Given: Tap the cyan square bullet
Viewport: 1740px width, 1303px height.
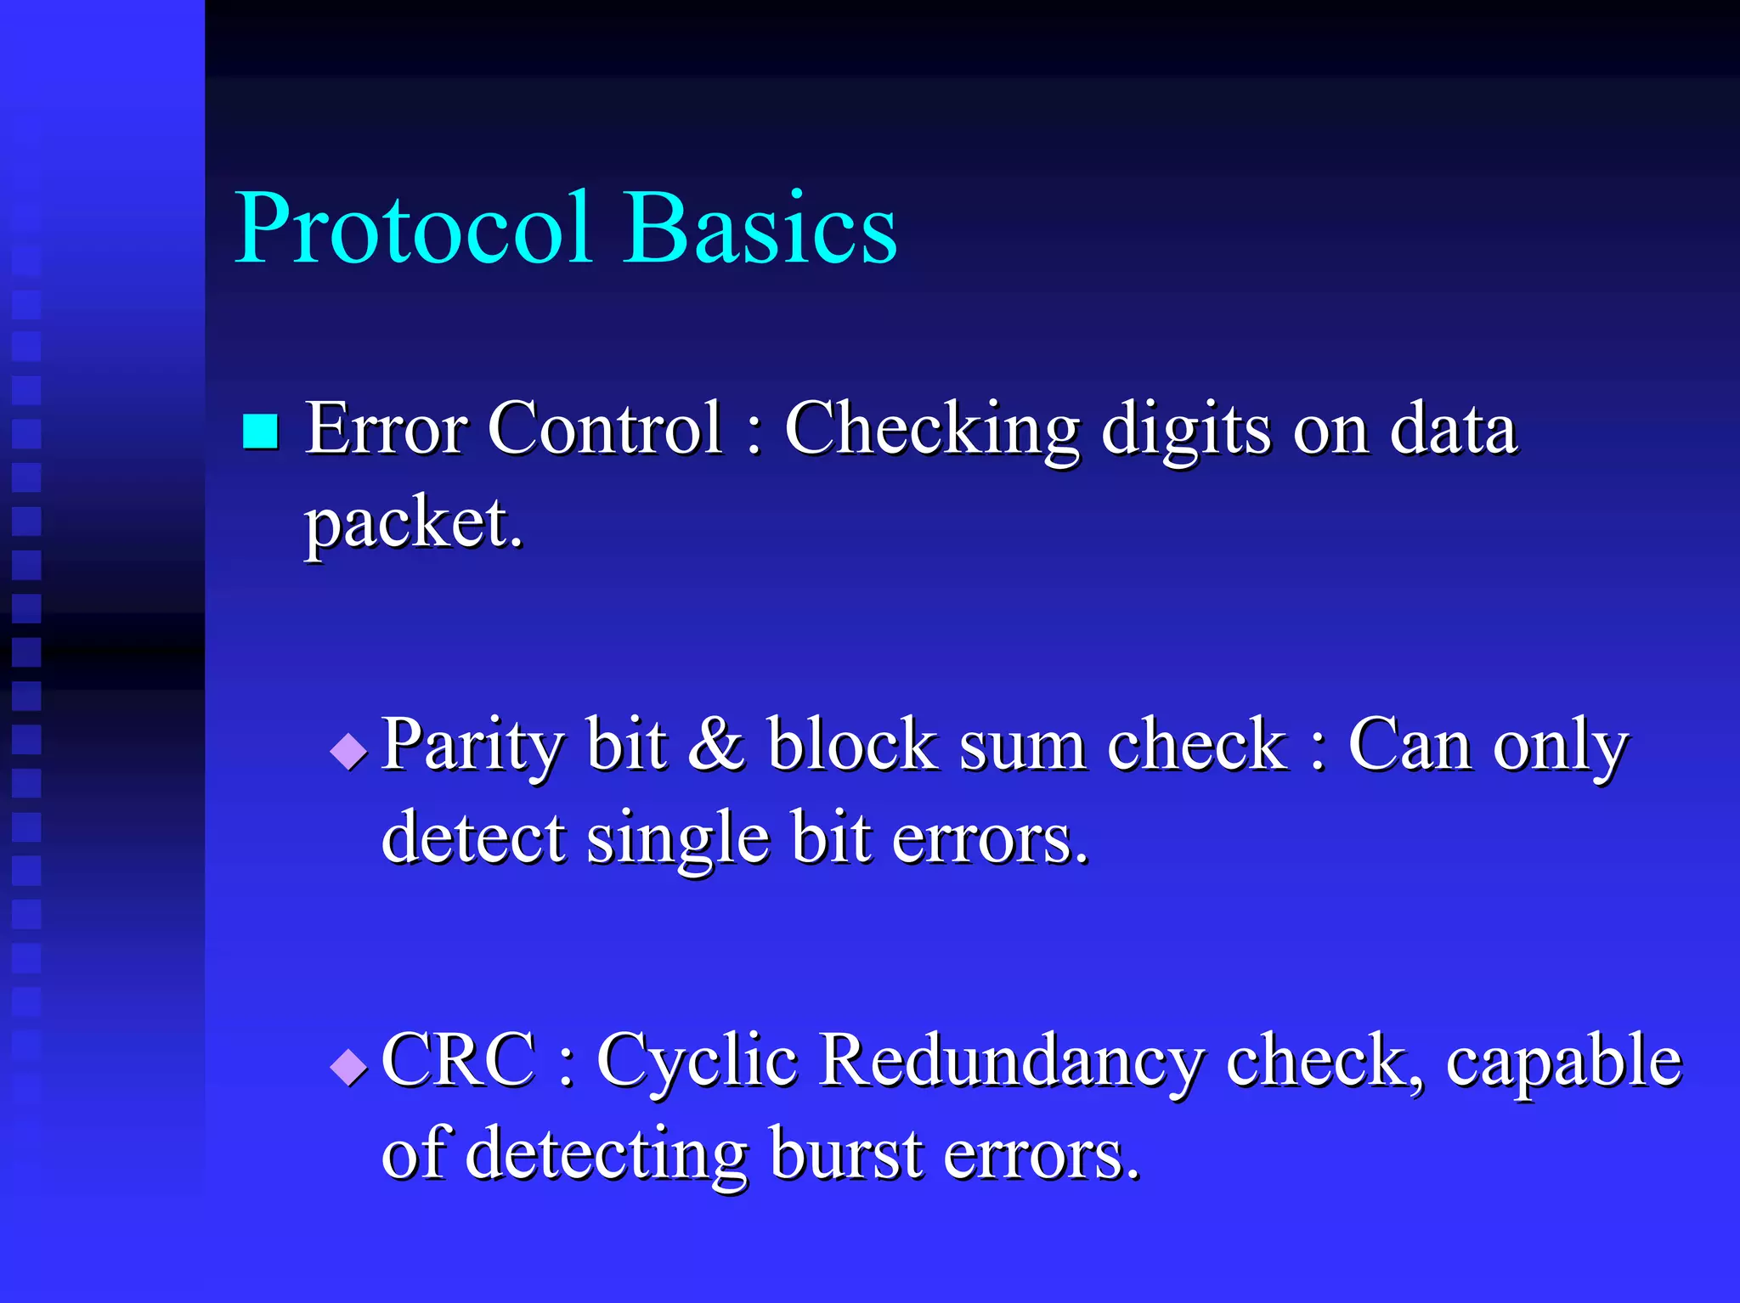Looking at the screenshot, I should pyautogui.click(x=260, y=431).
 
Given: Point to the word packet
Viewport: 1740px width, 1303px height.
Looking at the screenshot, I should pyautogui.click(x=413, y=524).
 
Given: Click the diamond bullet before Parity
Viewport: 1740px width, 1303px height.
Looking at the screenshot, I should pyautogui.click(x=348, y=751).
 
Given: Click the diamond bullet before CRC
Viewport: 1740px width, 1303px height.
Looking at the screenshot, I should pyautogui.click(x=348, y=1067).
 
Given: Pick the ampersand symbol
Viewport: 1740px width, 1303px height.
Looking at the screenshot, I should pyautogui.click(x=716, y=745).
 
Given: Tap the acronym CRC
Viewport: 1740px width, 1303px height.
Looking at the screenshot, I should pyautogui.click(x=459, y=1061).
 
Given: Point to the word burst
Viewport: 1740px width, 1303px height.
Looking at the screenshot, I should pyautogui.click(x=846, y=1154).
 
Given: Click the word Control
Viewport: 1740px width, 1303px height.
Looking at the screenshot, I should pyautogui.click(x=604, y=429).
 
